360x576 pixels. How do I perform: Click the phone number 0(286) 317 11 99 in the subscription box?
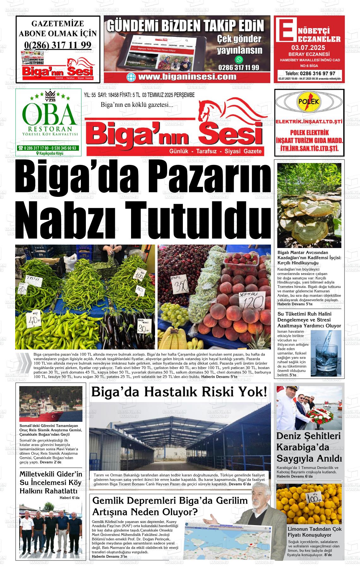tap(58, 45)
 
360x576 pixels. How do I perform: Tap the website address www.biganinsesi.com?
tap(187, 77)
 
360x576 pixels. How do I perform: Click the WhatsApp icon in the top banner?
tap(239, 59)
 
